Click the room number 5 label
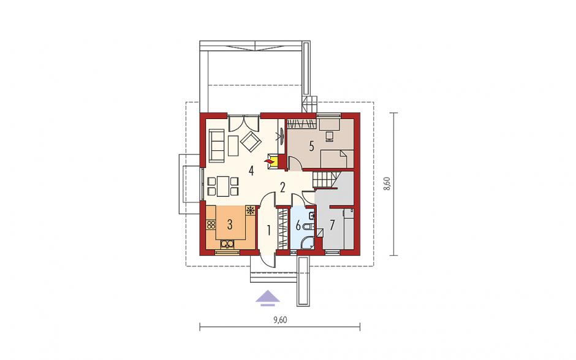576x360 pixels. coord(311,147)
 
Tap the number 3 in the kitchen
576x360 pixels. coord(230,224)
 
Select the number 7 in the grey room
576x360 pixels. coord(332,224)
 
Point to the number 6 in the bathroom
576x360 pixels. coord(298,224)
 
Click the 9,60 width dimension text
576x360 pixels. coord(280,320)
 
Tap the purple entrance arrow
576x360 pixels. coord(268,298)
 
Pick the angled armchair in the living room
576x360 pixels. coord(251,142)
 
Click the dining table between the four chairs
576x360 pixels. coord(223,186)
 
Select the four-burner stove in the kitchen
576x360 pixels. coord(211,224)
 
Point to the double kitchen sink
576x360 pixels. coord(227,244)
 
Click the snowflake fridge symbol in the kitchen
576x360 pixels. coord(251,210)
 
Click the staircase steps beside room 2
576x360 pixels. coord(324,180)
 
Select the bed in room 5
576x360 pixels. coord(337,158)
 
